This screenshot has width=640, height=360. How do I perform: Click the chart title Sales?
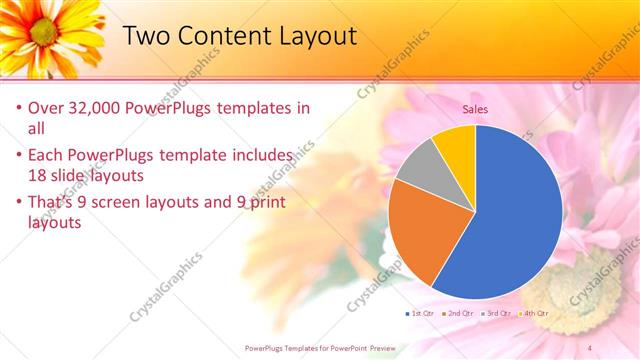point(475,109)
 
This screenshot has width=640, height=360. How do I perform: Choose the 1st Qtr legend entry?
point(421,313)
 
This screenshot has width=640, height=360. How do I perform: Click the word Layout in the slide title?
point(312,36)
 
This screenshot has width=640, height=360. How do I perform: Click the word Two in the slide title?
point(146,36)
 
